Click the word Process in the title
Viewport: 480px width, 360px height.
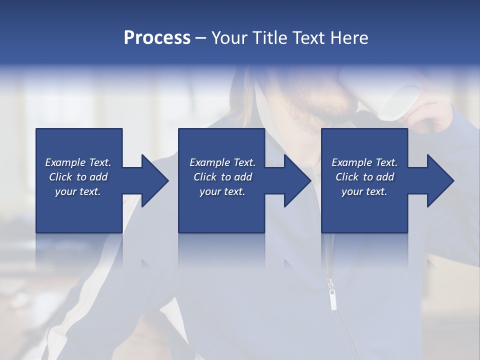pyautogui.click(x=157, y=38)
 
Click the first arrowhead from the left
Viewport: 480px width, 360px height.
pyautogui.click(x=153, y=180)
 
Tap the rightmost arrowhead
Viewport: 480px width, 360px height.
pyautogui.click(x=439, y=180)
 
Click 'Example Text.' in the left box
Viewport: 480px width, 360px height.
pyautogui.click(x=78, y=162)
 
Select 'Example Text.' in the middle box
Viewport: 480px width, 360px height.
pyautogui.click(x=222, y=162)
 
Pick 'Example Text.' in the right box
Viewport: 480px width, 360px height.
pyautogui.click(x=364, y=162)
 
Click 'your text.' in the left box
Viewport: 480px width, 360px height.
pyautogui.click(x=78, y=191)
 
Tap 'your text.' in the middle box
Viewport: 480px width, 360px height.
pyautogui.click(x=222, y=191)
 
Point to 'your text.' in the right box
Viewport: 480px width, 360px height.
pyautogui.click(x=364, y=191)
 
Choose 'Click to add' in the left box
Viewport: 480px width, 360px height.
pyautogui.click(x=78, y=177)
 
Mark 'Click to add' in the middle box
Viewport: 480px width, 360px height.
pyautogui.click(x=222, y=177)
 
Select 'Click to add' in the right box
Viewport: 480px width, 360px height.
pyautogui.click(x=364, y=177)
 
